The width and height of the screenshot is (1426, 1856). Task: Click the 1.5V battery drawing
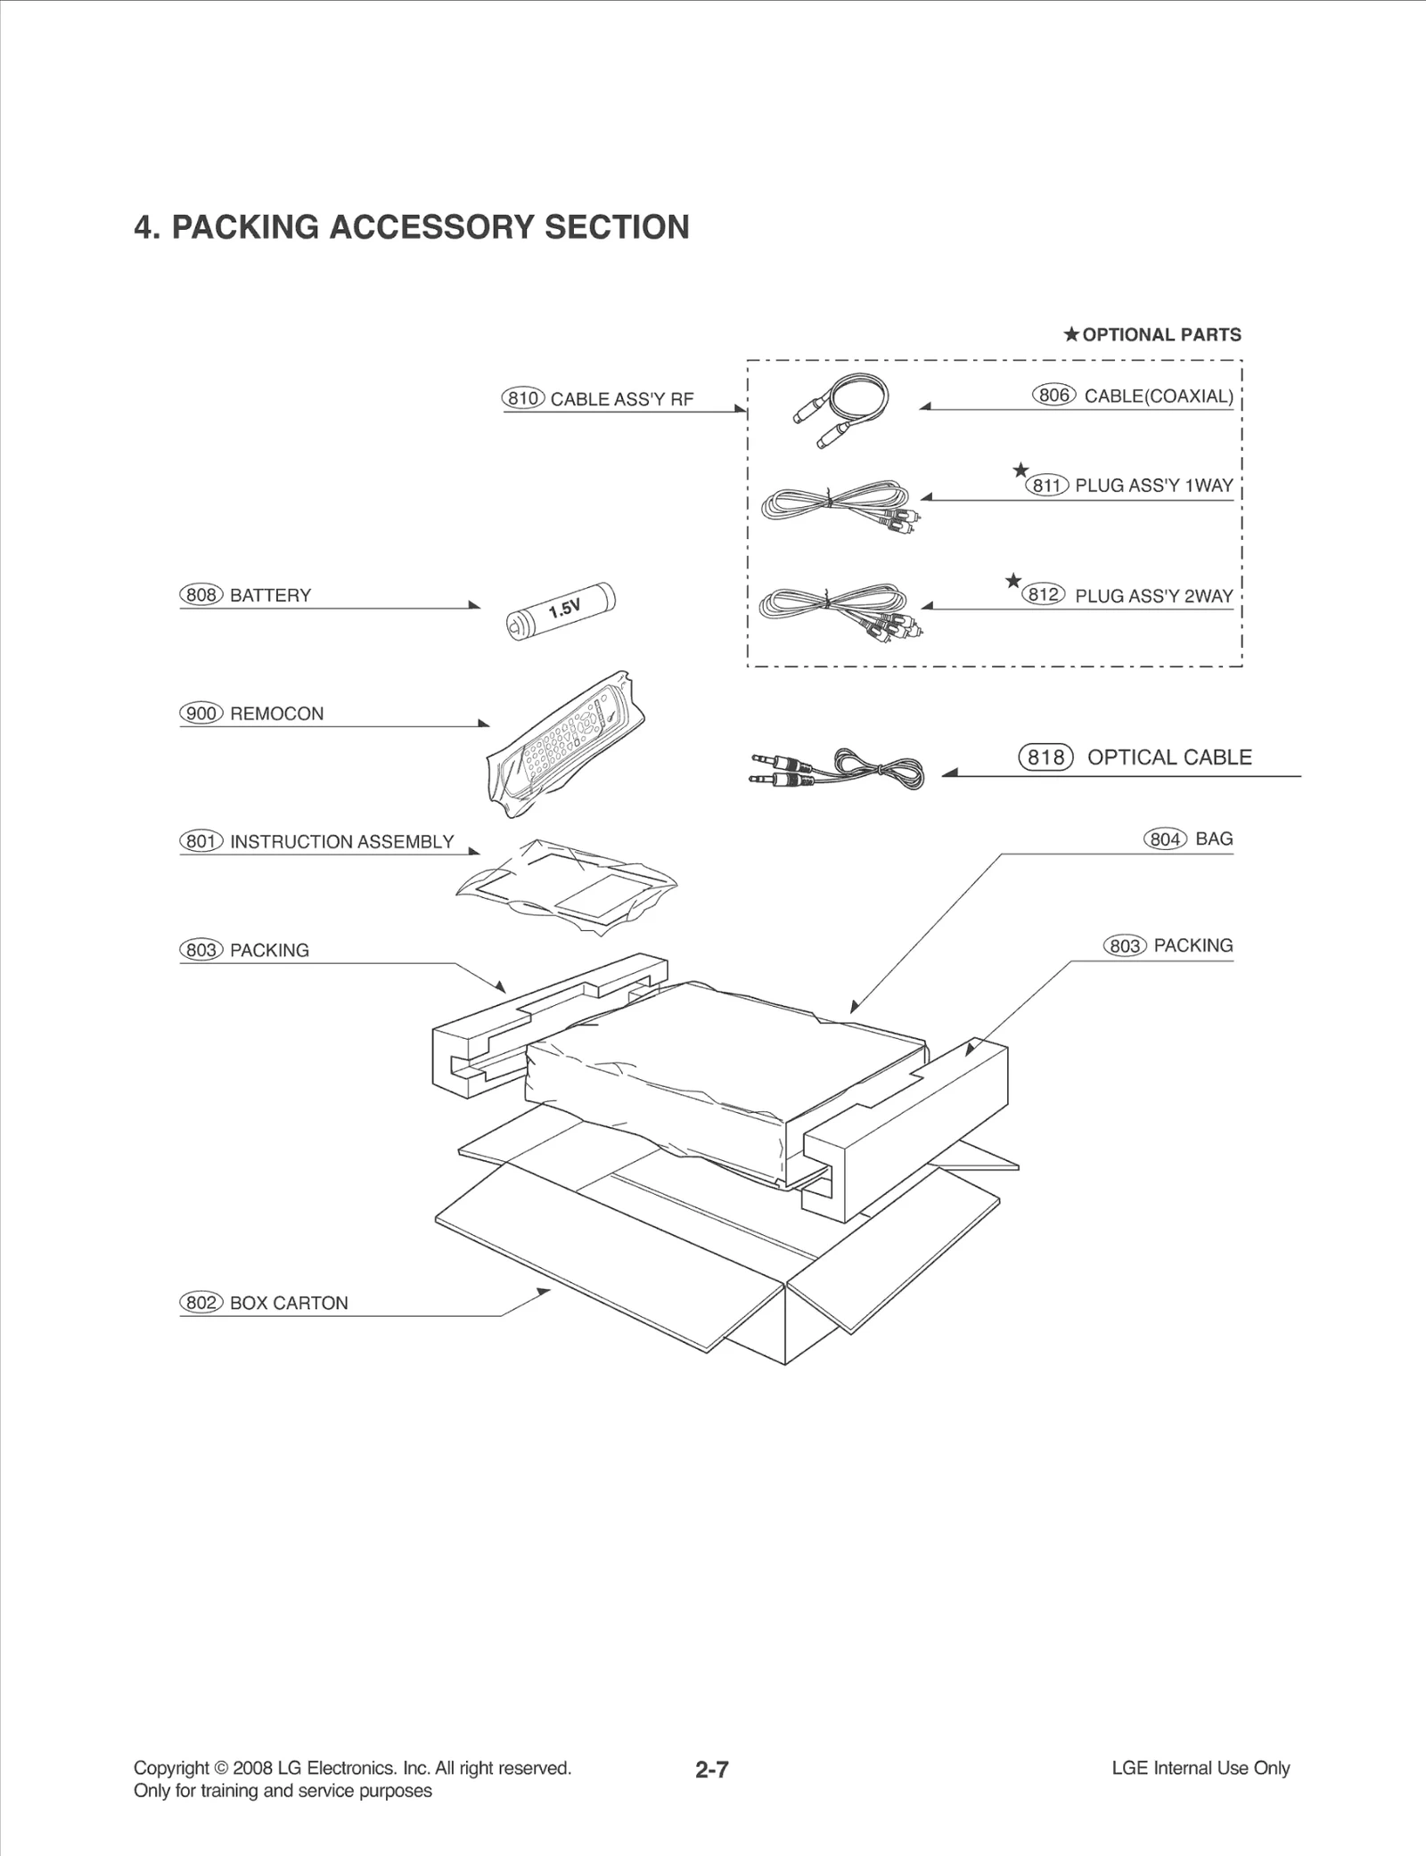(x=561, y=610)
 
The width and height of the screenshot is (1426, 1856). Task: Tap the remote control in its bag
(x=565, y=743)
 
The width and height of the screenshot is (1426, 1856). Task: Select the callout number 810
(x=522, y=398)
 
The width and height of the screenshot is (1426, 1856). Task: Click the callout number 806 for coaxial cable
(x=1053, y=395)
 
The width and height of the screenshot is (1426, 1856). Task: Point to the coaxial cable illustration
(x=841, y=409)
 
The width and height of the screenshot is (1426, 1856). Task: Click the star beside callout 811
(x=1020, y=470)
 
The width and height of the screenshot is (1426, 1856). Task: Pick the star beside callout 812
(x=1012, y=581)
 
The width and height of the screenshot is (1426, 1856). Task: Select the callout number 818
(x=1045, y=757)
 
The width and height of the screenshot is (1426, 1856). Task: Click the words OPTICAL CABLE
(x=1169, y=757)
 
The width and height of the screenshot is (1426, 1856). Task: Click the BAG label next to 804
(x=1214, y=838)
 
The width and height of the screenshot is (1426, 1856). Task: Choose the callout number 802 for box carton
(x=201, y=1303)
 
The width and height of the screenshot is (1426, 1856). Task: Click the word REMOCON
(x=276, y=714)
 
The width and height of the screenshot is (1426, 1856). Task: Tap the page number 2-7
(x=712, y=1770)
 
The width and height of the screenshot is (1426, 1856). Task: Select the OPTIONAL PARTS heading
(x=1160, y=335)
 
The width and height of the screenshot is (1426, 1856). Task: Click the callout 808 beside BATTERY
(x=201, y=595)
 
